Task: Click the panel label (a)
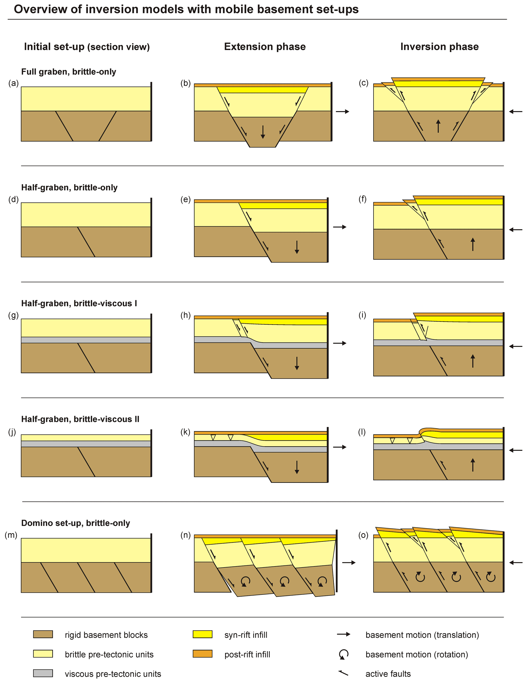point(14,83)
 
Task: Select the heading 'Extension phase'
point(265,47)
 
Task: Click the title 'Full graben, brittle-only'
point(68,72)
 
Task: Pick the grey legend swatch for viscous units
point(43,673)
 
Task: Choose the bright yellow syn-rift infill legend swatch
point(202,634)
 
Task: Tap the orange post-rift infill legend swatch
point(202,654)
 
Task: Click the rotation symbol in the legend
point(343,654)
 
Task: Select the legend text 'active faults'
point(388,674)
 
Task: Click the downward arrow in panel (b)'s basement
point(263,132)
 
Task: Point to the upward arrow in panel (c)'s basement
point(438,126)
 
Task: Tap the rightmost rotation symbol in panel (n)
point(322,582)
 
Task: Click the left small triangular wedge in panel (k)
point(213,437)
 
